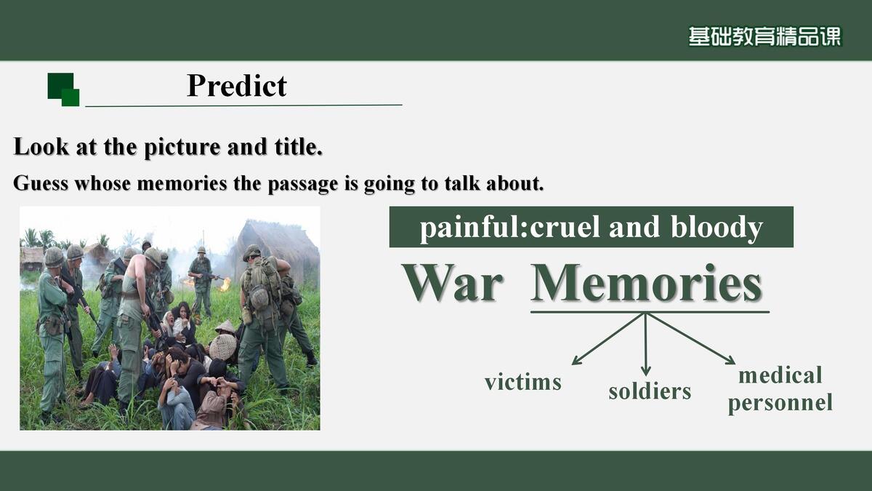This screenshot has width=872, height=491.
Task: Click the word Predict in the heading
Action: pos(237,86)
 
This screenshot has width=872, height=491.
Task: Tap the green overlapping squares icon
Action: pos(63,89)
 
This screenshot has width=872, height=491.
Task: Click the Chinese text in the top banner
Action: pos(764,36)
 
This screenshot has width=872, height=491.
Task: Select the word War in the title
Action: pos(453,283)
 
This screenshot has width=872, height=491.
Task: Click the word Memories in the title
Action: pos(646,283)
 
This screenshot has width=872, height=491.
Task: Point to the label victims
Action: pos(523,382)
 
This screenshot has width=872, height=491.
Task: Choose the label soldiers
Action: pos(650,391)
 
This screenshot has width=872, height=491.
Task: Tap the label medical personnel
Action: pos(780,389)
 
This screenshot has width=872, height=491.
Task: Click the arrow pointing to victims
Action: pos(607,339)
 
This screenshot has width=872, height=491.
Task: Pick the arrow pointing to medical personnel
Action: pos(691,339)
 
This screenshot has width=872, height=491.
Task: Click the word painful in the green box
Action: pos(472,228)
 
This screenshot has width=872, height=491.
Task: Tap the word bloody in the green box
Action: pos(716,228)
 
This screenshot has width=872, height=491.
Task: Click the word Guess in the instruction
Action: pos(41,183)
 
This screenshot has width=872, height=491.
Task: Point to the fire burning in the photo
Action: pos(225,284)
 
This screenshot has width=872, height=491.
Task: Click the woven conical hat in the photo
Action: pos(223,346)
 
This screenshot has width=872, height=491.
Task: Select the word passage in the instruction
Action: pos(302,184)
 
